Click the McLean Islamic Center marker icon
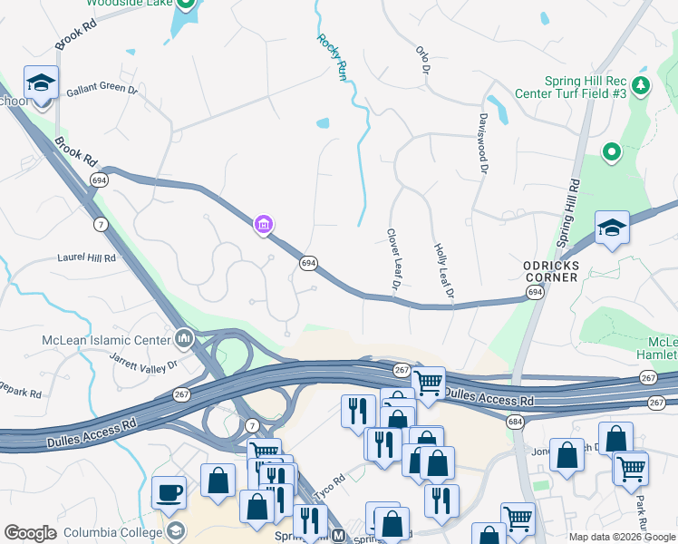click(184, 339)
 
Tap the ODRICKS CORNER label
click(550, 271)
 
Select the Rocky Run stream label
click(333, 57)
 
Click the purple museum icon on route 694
click(264, 223)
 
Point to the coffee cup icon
click(169, 492)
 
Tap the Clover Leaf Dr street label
click(394, 259)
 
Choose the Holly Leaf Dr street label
click(443, 270)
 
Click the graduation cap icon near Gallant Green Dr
click(41, 83)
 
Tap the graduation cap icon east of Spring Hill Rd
click(612, 228)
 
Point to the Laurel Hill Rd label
click(87, 257)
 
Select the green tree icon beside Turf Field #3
click(642, 84)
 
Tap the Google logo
click(30, 533)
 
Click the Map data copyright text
click(621, 537)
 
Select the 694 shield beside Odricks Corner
click(535, 292)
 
